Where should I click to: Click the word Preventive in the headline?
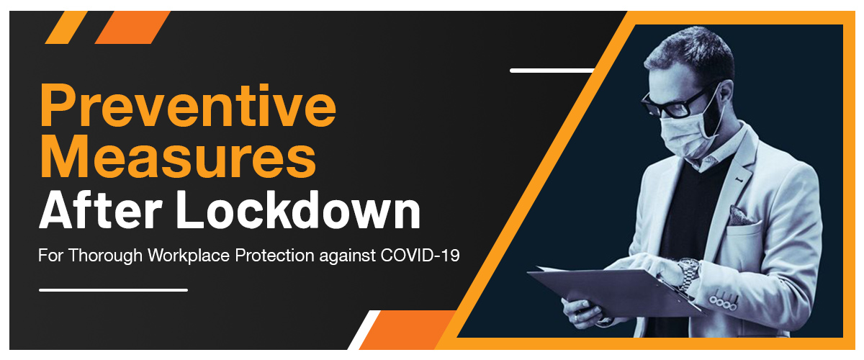click(x=188, y=106)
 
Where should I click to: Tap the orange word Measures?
click(x=178, y=158)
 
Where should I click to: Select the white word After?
click(x=100, y=210)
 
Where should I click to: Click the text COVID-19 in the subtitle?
click(x=420, y=256)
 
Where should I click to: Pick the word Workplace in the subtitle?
click(x=189, y=256)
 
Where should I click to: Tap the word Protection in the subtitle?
click(x=274, y=256)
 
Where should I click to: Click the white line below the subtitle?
click(x=114, y=290)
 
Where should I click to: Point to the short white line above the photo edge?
click(x=552, y=71)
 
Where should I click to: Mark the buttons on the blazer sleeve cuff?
click(x=724, y=303)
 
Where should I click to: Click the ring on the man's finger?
click(x=575, y=318)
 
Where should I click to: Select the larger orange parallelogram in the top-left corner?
click(x=132, y=27)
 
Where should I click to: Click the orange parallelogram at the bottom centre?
click(x=407, y=330)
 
